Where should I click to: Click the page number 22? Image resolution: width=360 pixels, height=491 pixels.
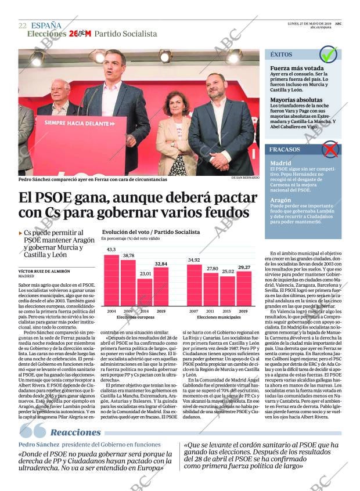(x=22, y=26)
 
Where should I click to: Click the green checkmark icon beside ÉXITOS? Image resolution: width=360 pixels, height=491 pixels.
(x=329, y=55)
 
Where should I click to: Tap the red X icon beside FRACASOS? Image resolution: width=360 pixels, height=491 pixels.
(x=330, y=150)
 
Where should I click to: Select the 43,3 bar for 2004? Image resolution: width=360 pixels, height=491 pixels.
(x=111, y=280)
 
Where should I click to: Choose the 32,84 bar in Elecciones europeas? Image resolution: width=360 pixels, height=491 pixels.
(x=161, y=286)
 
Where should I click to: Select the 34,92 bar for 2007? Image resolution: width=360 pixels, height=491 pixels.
(x=195, y=285)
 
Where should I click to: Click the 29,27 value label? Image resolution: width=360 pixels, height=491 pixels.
(x=244, y=268)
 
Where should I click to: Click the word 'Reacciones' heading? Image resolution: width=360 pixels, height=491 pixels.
(x=75, y=432)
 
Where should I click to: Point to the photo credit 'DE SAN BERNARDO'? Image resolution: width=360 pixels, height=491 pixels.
(x=244, y=178)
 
